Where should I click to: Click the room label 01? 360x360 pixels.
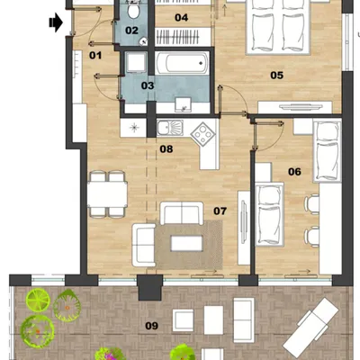(x=95, y=56)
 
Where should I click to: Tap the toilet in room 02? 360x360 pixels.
(x=133, y=10)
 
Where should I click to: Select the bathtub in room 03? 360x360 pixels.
(x=183, y=63)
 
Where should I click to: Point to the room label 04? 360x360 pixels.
(x=181, y=18)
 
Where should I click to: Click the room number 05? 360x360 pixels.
(x=276, y=75)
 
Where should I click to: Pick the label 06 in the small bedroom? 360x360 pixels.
(x=294, y=172)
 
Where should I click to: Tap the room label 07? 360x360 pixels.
(x=220, y=211)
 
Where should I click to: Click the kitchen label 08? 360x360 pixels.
(x=166, y=148)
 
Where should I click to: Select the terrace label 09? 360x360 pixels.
(x=151, y=326)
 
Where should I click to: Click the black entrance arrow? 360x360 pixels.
(x=56, y=22)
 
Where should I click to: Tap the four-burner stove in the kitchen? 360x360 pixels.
(x=203, y=133)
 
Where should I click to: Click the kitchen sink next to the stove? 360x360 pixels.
(x=170, y=128)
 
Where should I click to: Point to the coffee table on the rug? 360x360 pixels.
(x=186, y=243)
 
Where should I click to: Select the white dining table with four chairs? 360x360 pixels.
(x=107, y=194)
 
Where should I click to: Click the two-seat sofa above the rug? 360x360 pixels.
(x=182, y=213)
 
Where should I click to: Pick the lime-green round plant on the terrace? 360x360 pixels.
(x=38, y=300)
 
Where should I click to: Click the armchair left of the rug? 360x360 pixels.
(x=144, y=245)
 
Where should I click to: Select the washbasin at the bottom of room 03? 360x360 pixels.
(x=184, y=104)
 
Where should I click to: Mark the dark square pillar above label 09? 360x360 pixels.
(x=150, y=288)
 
